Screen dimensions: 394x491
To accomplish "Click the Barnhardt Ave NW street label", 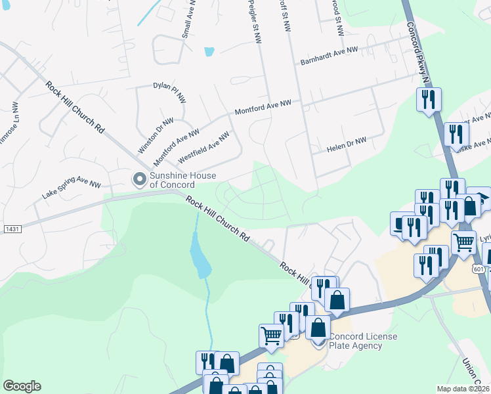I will click(329, 55).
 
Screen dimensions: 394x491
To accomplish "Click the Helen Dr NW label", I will click(347, 145).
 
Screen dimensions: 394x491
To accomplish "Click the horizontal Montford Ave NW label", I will click(263, 108).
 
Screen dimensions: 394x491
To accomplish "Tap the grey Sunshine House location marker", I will click(139, 178).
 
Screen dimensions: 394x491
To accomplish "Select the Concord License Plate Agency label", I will click(363, 341).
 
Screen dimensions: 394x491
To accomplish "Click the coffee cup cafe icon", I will click(400, 223).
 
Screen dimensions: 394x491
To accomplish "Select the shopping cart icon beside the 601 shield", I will click(464, 242).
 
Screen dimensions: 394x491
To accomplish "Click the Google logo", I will click(22, 386).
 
